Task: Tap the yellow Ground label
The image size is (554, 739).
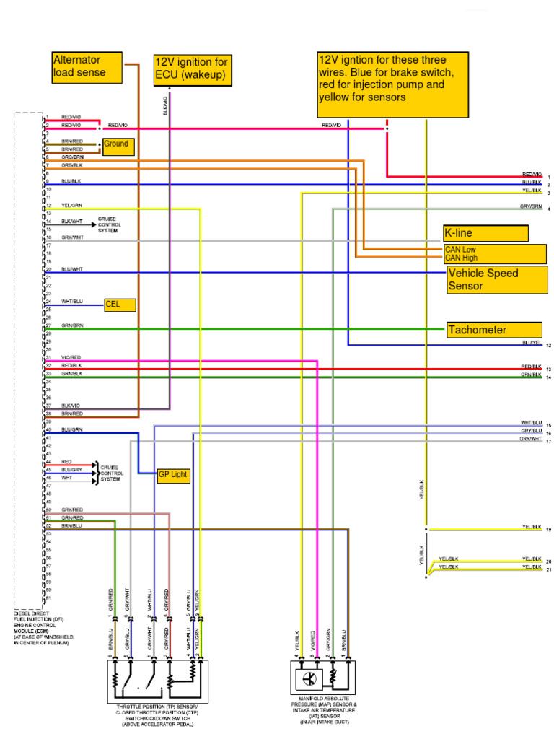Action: pos(116,145)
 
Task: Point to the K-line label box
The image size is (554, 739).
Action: pos(485,233)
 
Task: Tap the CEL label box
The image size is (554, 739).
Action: pos(120,305)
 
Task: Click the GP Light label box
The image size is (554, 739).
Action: pos(174,475)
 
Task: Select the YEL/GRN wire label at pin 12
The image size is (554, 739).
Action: pos(72,206)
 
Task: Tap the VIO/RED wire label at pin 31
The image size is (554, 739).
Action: pos(71,358)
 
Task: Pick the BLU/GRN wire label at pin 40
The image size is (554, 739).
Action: pos(72,430)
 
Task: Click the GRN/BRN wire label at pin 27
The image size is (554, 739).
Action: pos(72,326)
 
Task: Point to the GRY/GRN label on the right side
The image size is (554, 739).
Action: pos(531,206)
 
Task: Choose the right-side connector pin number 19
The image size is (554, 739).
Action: pos(549,530)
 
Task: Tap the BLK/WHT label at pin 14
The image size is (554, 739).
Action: pos(72,222)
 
